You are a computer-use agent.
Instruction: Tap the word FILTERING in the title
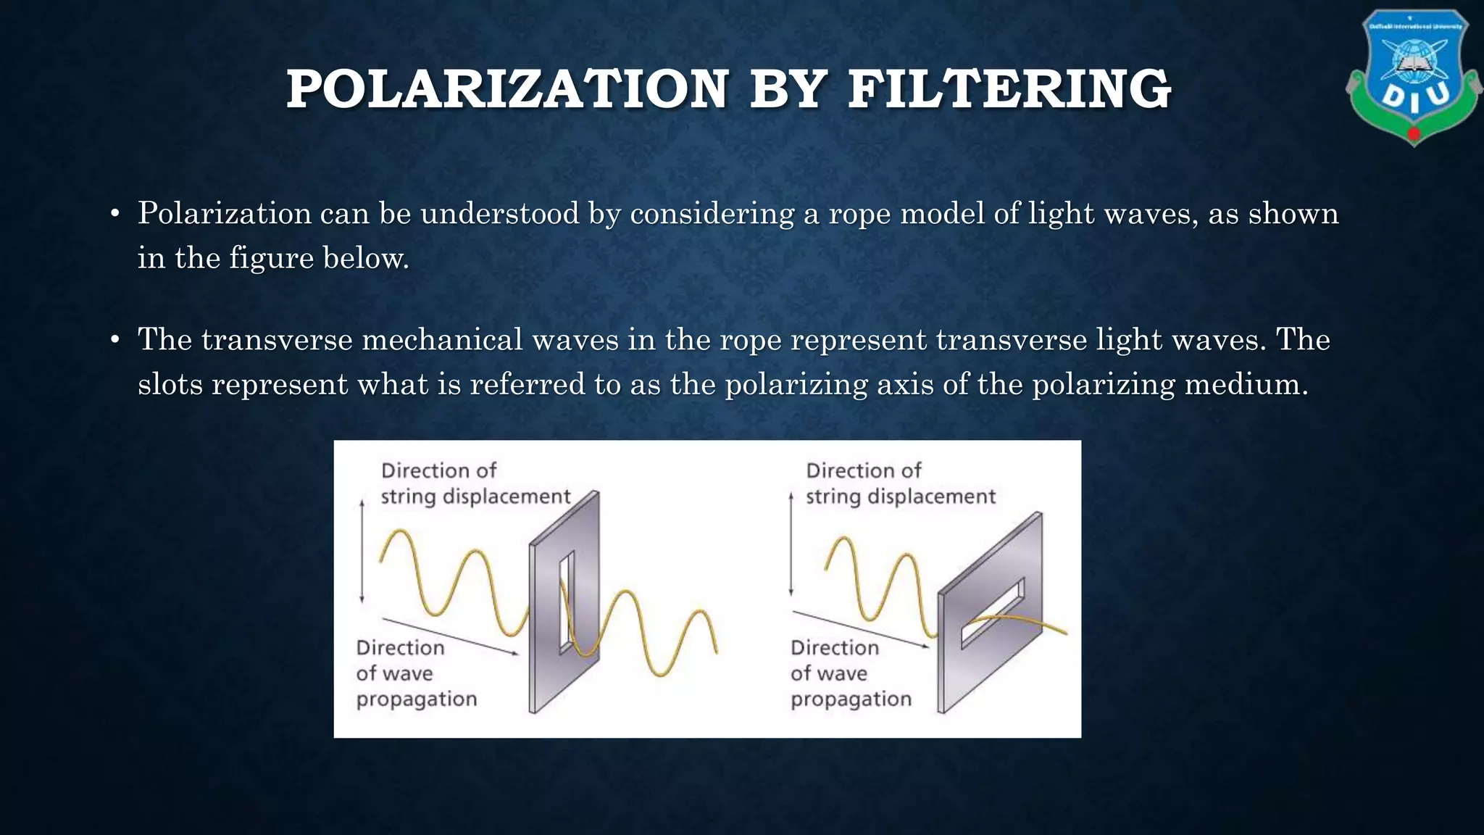click(x=1009, y=89)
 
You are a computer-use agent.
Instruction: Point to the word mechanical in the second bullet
click(x=442, y=340)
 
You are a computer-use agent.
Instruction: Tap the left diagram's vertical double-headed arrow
click(x=362, y=551)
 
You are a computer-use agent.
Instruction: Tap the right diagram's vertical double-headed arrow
click(x=791, y=544)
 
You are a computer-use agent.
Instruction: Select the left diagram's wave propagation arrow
click(x=449, y=636)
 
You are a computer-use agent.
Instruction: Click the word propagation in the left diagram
click(x=417, y=699)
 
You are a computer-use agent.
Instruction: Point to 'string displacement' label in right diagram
click(x=901, y=497)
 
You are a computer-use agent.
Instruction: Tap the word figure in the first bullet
click(x=271, y=258)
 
